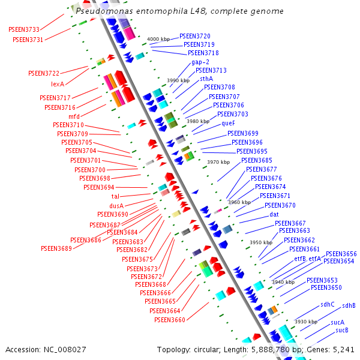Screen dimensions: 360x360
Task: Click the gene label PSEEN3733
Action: coord(24,29)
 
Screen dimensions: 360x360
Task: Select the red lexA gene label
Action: coord(58,84)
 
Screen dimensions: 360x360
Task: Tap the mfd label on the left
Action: coord(74,116)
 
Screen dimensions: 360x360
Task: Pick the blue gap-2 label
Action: coord(200,62)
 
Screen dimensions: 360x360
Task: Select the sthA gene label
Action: coord(206,79)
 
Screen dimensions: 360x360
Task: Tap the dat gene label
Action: coord(274,214)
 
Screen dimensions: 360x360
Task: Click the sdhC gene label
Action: coord(327,304)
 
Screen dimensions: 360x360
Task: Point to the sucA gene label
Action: coord(337,322)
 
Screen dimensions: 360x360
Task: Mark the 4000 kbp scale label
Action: coord(158,39)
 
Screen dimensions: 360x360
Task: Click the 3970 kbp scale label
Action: coord(218,162)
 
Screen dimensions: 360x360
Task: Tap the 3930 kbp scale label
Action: coord(305,322)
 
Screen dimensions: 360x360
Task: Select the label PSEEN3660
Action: coord(170,320)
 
